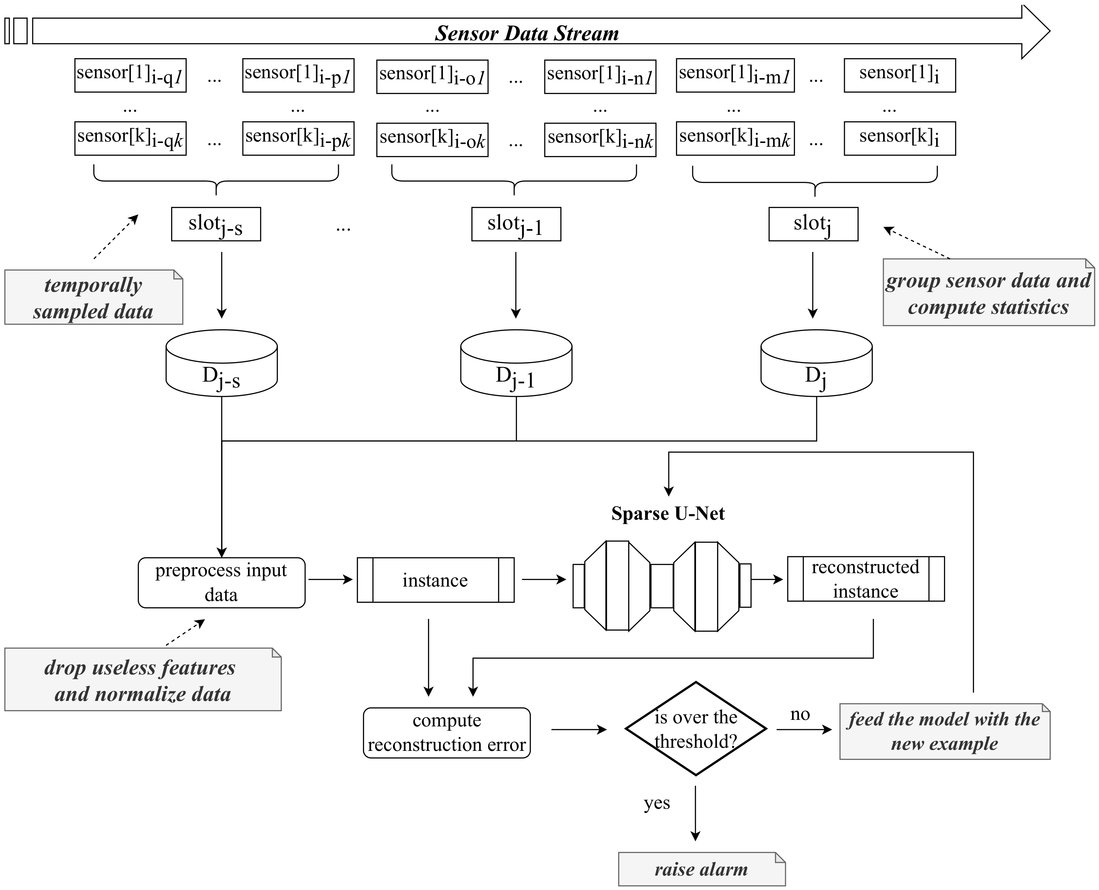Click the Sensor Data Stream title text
point(527,33)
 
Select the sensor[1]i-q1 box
point(130,75)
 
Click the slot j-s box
point(216,224)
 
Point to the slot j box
point(813,224)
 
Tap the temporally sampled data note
point(93,297)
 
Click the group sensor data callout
point(988,293)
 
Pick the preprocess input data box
point(221,582)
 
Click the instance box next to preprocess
point(435,580)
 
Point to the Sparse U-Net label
point(668,514)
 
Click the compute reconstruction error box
point(446,733)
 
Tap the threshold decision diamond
point(696,728)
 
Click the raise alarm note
point(701,869)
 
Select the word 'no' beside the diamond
point(800,714)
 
